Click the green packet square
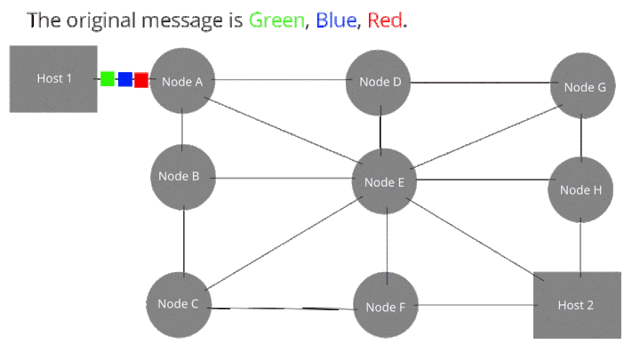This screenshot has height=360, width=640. coord(108,79)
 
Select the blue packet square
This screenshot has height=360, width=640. coord(125,79)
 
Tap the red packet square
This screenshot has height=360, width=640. coord(141,80)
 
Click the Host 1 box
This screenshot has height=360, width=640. coord(53,79)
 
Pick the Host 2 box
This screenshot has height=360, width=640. coord(577,305)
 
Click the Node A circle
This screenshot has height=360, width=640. coord(182,81)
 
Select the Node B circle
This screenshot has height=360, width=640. coord(183,177)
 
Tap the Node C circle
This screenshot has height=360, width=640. coord(179,305)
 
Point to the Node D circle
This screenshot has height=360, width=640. coord(379,83)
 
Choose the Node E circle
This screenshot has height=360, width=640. coord(384,181)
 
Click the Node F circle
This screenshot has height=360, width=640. coord(386,305)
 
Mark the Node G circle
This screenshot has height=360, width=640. coord(583,85)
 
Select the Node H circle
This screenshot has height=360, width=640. coord(580,189)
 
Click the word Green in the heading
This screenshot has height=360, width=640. coord(276,20)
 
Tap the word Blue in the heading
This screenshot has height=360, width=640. coord(336,20)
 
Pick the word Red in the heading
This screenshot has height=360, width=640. coord(385,20)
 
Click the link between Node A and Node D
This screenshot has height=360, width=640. coord(280,80)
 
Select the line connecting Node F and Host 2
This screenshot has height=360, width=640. coord(476,305)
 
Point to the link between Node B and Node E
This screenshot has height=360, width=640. coord(283,178)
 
